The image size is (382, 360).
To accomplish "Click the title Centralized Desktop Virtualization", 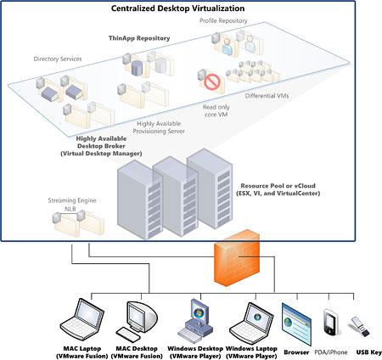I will coord(190,8).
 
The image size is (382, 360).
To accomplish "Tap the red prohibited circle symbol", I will coord(210,83).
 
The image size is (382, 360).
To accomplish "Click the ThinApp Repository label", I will coord(139,38).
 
